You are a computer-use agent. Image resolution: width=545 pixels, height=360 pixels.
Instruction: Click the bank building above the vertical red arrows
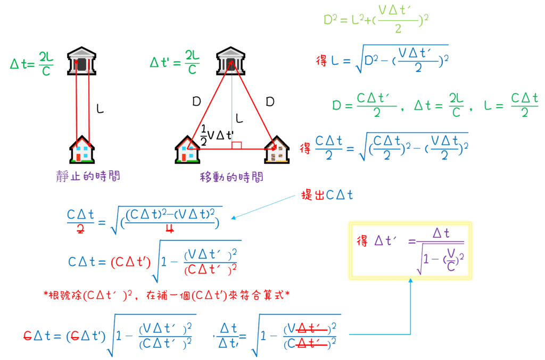coord(81,63)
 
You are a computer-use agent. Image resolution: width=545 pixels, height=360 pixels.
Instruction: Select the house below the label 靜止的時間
coord(82,149)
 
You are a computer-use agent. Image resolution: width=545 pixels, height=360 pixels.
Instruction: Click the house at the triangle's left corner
coord(187,149)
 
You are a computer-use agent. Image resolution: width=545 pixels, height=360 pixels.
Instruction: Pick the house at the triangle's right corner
coord(278,149)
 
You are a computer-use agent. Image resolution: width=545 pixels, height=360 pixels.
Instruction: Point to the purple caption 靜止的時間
coord(88,176)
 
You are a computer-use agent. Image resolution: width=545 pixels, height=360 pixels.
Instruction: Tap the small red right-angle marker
coord(237,145)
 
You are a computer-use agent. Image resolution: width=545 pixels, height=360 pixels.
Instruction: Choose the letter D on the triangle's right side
coord(270,101)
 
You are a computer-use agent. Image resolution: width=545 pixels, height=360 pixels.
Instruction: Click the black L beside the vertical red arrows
coord(100,108)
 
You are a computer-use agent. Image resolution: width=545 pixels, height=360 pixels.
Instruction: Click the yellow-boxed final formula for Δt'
coord(410,250)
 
